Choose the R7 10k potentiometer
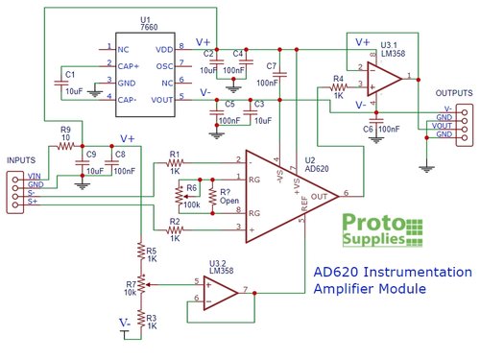point(141,285)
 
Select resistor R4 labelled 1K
point(338,89)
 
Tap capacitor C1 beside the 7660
point(62,83)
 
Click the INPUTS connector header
point(19,187)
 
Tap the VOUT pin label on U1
point(161,97)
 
